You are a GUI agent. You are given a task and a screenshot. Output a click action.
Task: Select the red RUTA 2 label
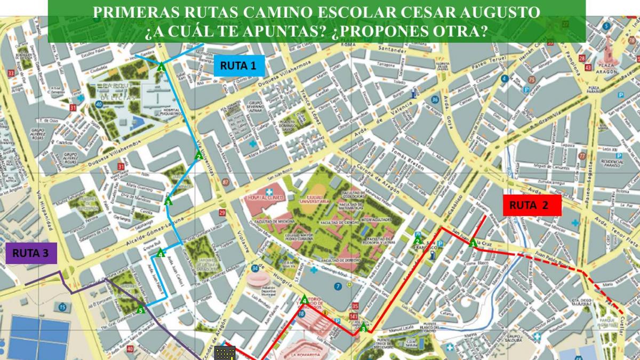[532, 205]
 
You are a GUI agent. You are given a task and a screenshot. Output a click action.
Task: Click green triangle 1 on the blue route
[161, 67]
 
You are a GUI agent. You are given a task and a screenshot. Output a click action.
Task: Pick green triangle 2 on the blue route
[198, 156]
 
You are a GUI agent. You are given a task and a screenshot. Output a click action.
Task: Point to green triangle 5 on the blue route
[141, 309]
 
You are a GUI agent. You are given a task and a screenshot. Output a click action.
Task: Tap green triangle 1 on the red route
[473, 244]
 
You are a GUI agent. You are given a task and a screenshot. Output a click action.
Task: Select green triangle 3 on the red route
[363, 328]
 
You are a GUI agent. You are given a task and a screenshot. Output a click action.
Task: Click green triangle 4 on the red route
[305, 300]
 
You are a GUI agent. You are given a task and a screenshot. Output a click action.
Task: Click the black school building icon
[225, 353]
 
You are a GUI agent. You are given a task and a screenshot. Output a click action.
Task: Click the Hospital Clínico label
[264, 197]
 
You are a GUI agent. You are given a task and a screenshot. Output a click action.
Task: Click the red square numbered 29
[222, 213]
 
